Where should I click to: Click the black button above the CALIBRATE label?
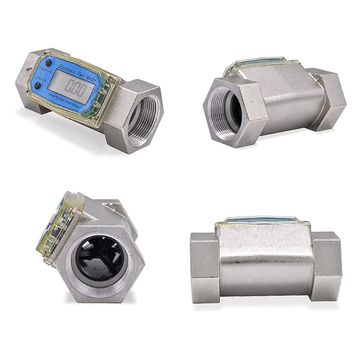48,62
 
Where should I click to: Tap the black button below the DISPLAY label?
39,85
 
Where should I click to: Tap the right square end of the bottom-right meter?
327,267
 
